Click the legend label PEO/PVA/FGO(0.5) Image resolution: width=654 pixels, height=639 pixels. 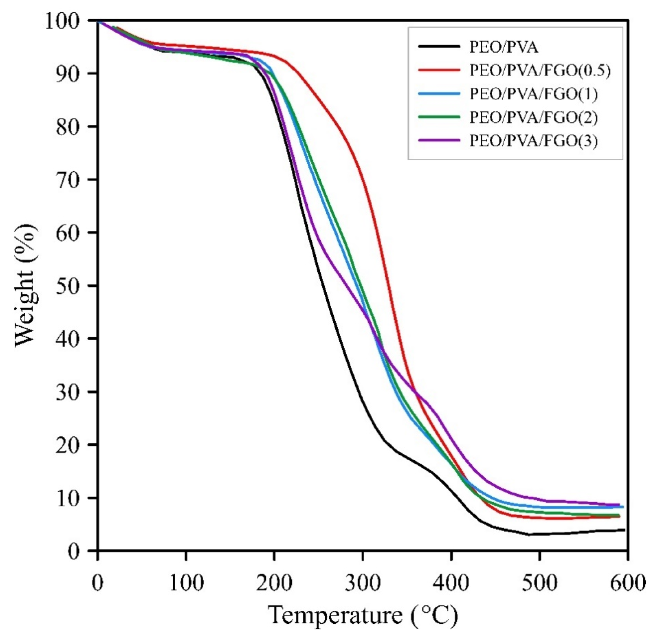point(540,71)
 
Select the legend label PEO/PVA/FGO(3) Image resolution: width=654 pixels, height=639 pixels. point(533,141)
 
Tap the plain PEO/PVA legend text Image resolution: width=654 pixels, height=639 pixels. point(504,47)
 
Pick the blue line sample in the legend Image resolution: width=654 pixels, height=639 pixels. point(439,94)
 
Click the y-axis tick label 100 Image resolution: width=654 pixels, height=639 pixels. point(67,21)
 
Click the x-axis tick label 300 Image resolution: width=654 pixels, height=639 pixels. point(362,583)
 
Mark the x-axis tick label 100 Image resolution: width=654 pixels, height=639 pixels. point(186,583)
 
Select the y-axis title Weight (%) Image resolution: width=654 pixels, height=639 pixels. point(26,285)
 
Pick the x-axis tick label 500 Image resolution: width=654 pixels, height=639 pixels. point(539,583)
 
